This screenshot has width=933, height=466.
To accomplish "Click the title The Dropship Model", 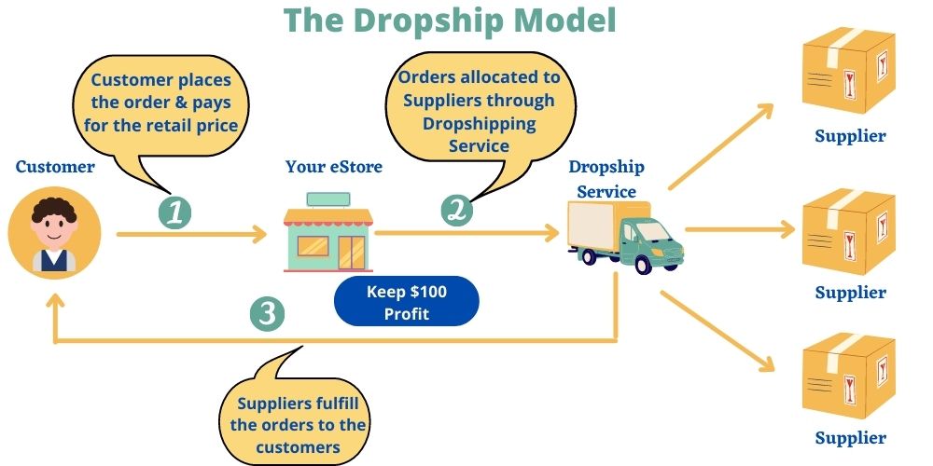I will point(450,21).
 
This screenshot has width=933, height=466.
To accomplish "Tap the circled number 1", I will point(175,212).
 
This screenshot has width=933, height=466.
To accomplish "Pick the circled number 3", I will point(268,313).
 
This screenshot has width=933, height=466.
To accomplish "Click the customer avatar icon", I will point(54,233).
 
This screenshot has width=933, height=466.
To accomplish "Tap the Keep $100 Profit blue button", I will point(406,302).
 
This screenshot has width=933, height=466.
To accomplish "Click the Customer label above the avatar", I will point(55,167).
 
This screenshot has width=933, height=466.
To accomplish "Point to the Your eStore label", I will point(334,167).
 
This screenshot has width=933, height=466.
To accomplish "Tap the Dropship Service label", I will point(606,179).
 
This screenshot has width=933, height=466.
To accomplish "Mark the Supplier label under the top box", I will point(850,136).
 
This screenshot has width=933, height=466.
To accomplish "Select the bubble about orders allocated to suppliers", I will point(480,110).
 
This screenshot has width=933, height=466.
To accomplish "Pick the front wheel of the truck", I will point(643,265).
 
